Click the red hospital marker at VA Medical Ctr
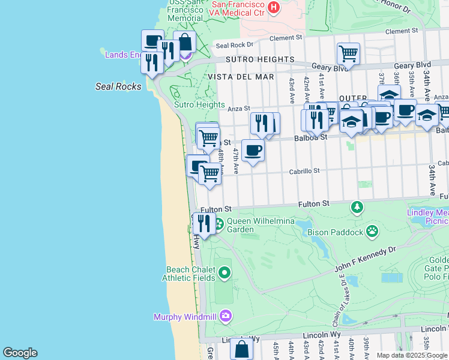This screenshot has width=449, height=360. (x=274, y=7)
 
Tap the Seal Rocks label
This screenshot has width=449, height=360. (x=118, y=86)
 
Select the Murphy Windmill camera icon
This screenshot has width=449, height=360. (x=225, y=316)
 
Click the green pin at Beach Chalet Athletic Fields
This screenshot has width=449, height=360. (x=224, y=274)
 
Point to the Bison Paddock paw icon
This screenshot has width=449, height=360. (x=373, y=231)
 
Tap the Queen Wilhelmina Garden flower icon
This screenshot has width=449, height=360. (x=219, y=224)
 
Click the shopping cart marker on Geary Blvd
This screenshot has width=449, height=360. (x=348, y=53)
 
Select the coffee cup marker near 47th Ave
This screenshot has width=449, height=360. (x=253, y=150)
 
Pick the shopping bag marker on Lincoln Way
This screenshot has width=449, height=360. (x=241, y=348)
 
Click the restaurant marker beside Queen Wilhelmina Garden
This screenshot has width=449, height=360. (x=204, y=223)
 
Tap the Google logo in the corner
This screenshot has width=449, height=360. (x=20, y=353)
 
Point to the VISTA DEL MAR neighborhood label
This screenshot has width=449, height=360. (x=241, y=77)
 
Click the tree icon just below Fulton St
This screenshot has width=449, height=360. (x=357, y=207)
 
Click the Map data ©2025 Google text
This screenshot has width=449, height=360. (x=412, y=355)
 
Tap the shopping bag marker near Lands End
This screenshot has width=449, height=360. (x=184, y=43)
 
